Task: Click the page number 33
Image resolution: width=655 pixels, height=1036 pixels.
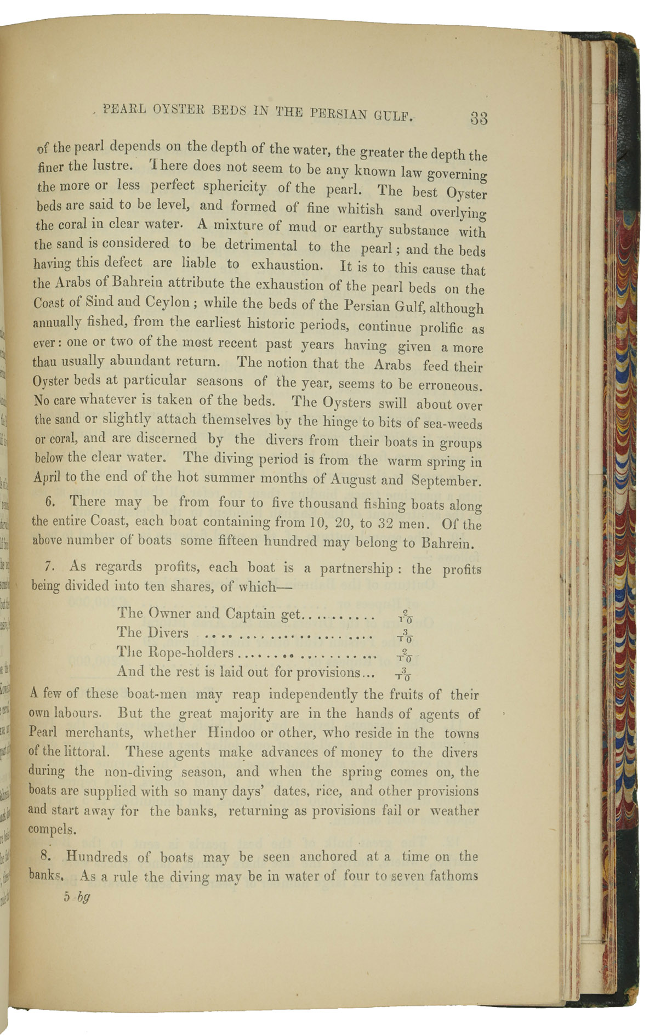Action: pos(478,118)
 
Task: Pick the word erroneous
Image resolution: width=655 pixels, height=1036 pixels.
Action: pos(449,385)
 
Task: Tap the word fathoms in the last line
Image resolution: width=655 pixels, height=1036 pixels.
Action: pos(453,876)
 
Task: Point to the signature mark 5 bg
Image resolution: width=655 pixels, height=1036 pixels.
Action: pos(76,897)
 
